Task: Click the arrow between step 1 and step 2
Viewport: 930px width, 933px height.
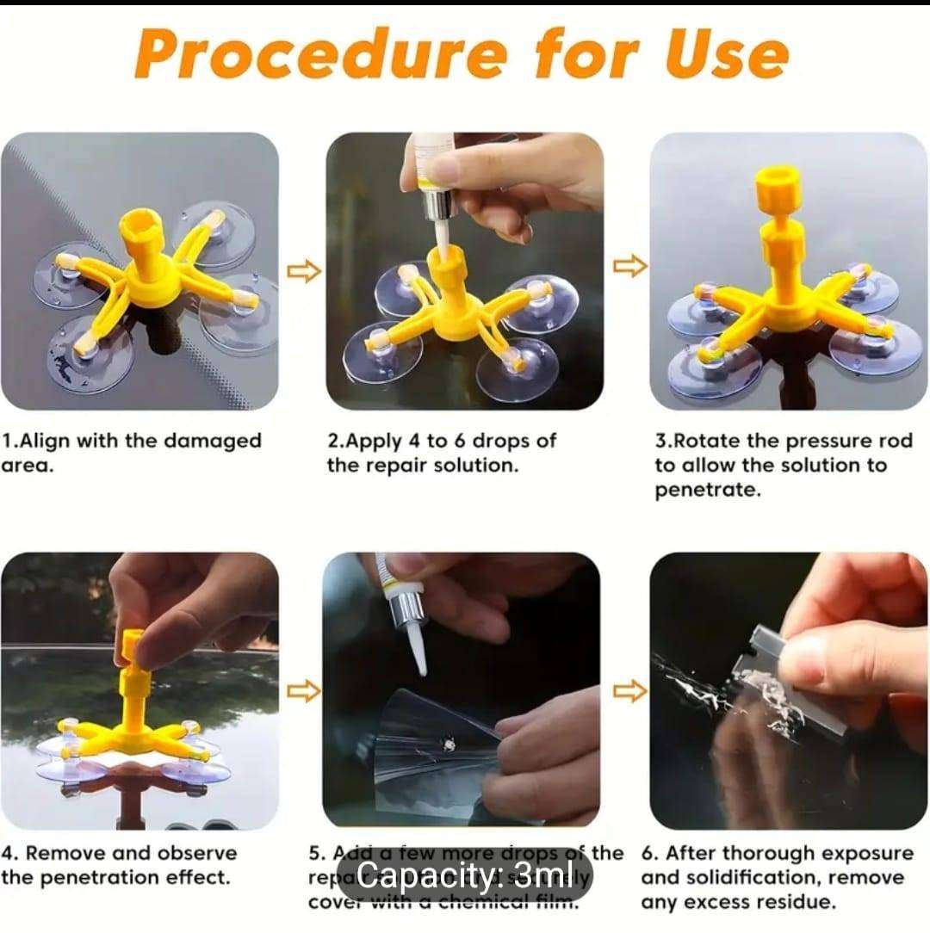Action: pyautogui.click(x=303, y=272)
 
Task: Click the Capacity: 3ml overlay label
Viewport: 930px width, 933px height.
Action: pyautogui.click(x=464, y=877)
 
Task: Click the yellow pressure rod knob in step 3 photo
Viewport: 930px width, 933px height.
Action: pyautogui.click(x=778, y=190)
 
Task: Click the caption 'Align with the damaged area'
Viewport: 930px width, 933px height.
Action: pyautogui.click(x=129, y=453)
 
